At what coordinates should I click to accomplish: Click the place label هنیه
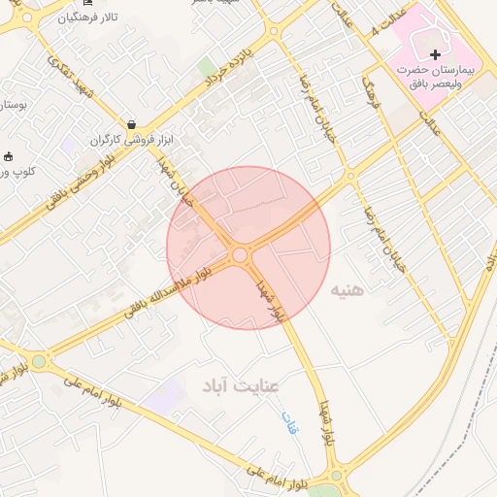coord(348,290)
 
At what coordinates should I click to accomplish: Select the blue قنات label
coord(288,422)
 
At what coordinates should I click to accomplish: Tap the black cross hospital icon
coord(435,54)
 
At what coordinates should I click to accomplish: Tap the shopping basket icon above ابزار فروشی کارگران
coord(130,124)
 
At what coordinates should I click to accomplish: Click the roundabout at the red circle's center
coord(239,254)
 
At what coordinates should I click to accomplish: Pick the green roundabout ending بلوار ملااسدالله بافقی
coord(38,362)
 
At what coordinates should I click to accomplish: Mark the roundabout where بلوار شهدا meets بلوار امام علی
coord(336,476)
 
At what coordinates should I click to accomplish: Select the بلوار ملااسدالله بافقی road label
coord(153,293)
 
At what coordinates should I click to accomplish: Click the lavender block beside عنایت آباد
coord(166,393)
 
